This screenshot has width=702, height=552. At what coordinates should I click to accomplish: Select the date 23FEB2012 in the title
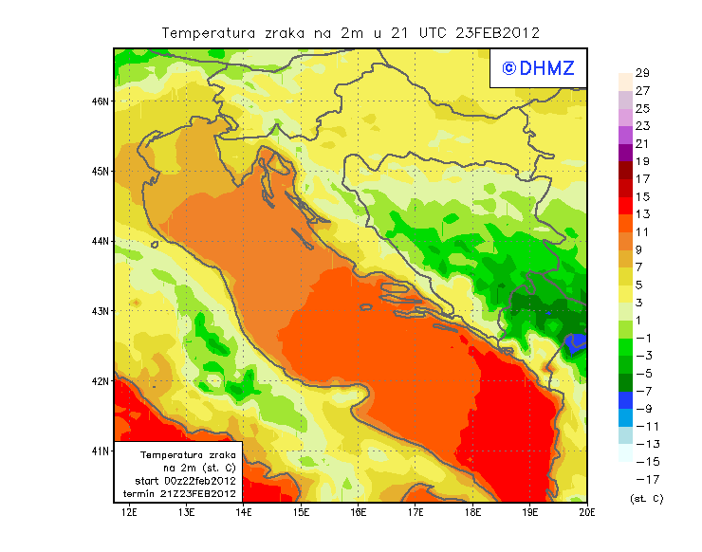[x=499, y=32]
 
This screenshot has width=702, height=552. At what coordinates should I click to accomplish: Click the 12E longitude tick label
[x=130, y=513]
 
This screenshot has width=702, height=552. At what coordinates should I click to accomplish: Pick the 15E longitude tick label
[x=302, y=513]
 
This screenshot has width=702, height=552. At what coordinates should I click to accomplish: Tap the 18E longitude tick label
[x=472, y=513]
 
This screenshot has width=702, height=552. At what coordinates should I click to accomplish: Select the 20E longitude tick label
[x=587, y=513]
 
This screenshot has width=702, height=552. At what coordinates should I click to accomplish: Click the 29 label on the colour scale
[x=642, y=73]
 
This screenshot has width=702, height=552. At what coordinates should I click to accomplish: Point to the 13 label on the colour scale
[x=642, y=214]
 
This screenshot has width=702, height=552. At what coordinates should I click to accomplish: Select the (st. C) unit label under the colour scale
[x=646, y=498]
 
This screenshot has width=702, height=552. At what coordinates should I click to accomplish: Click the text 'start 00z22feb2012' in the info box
[x=180, y=481]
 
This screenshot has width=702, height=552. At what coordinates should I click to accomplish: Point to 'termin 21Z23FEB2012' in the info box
[x=178, y=493]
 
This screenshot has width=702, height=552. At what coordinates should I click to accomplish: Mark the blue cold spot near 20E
[x=574, y=343]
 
